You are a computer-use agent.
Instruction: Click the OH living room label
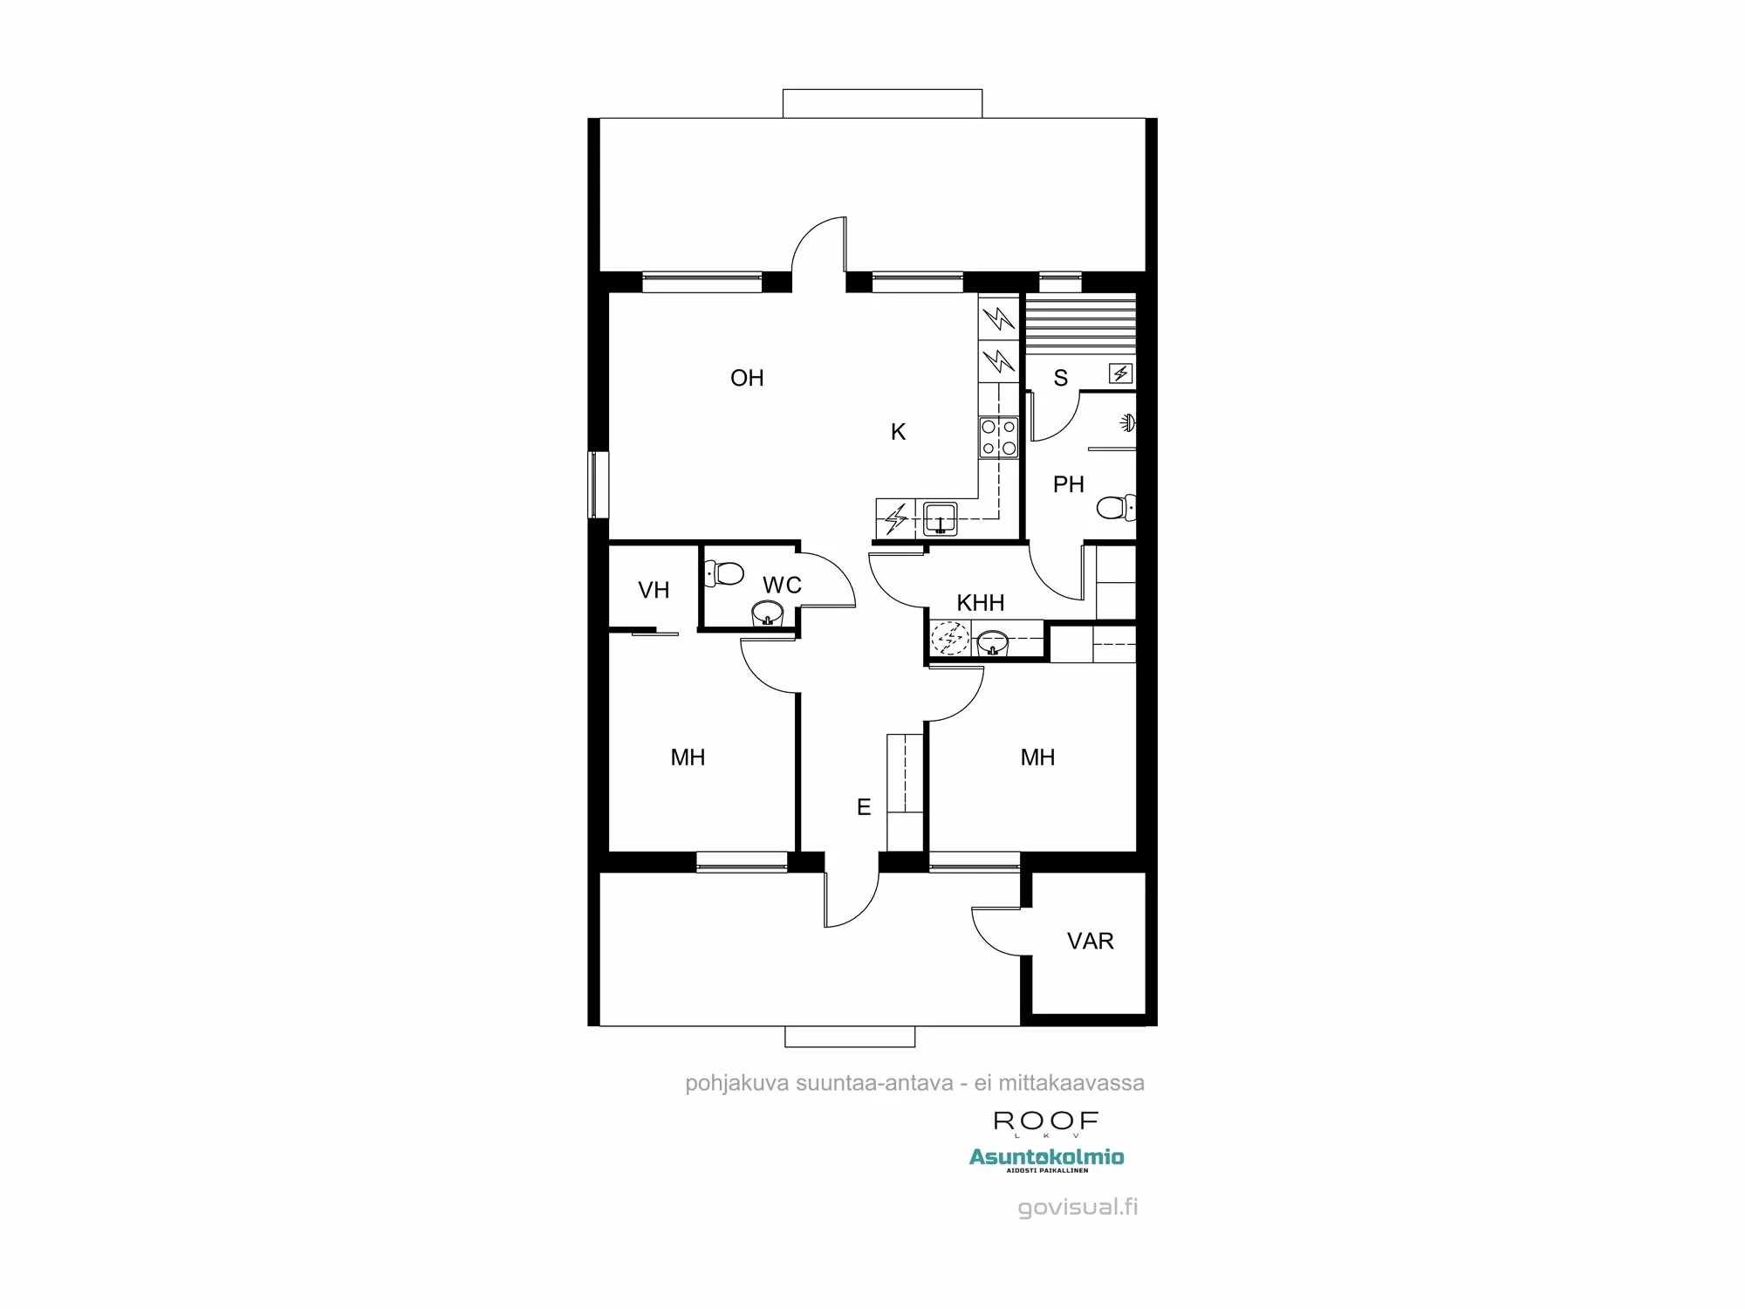point(747,378)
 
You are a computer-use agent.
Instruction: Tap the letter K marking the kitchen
point(898,432)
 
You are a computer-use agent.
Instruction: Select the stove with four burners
point(998,437)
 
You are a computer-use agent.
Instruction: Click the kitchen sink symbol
point(940,518)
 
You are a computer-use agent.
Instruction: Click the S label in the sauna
point(1060,378)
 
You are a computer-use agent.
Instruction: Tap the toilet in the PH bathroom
point(1115,507)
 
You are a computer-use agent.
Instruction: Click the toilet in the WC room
point(724,573)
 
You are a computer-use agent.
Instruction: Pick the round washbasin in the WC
point(768,613)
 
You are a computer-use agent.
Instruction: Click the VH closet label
point(654,591)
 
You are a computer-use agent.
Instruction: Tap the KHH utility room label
point(980,603)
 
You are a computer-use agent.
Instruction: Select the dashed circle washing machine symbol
point(949,638)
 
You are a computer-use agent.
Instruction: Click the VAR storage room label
point(1090,941)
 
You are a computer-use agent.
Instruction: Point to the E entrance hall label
point(864,807)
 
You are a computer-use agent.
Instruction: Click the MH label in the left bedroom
point(688,757)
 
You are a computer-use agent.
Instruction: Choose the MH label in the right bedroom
point(1037,757)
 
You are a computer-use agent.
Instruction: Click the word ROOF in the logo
point(1045,1121)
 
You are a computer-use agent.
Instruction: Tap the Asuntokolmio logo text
point(1046,1157)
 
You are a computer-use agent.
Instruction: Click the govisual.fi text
point(1078,1207)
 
